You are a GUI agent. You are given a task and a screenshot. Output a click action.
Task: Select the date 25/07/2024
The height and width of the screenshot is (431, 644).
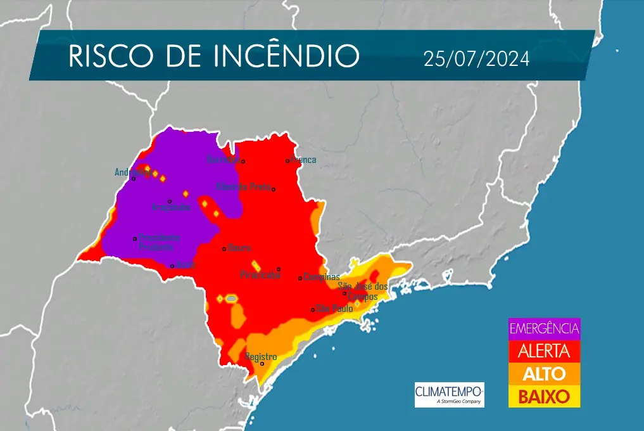476,58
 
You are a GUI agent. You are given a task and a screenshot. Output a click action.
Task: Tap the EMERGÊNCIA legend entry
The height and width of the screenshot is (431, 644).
544,328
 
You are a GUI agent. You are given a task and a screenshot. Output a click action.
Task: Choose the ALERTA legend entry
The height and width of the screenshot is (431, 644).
544,351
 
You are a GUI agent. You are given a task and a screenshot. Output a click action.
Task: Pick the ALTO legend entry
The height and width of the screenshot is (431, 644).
544,373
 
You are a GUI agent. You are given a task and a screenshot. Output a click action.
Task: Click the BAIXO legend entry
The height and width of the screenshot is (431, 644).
544,397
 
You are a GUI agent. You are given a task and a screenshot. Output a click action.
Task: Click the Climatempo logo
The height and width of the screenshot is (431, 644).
449,394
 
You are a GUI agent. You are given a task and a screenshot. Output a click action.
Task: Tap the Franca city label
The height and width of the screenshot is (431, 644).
303,160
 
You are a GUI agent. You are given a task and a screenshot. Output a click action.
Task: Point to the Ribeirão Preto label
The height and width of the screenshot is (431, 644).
243,186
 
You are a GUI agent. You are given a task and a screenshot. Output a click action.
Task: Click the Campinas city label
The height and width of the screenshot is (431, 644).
322,277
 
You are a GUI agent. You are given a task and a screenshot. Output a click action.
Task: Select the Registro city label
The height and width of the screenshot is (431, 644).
261,357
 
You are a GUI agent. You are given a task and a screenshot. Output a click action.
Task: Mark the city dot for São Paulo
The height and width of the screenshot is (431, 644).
313,309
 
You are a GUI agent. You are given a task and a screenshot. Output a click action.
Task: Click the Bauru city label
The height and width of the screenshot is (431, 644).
240,247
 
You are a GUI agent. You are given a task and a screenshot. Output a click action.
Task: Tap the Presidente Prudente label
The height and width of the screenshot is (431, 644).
160,242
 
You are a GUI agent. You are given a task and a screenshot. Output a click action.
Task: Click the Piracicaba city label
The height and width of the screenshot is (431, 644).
260,275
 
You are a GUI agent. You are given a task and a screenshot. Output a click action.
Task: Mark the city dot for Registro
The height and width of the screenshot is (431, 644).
262,364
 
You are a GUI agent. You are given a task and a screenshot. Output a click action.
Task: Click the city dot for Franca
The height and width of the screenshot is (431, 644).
287,161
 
